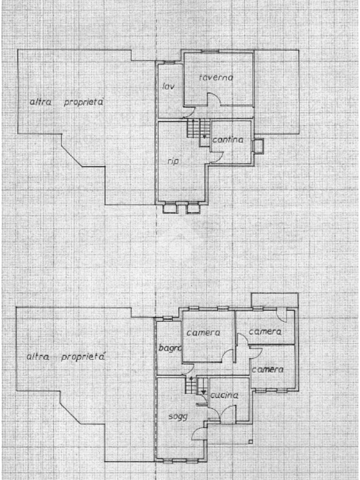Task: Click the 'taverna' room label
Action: click(216, 78)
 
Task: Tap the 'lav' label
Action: click(166, 86)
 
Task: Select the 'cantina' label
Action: click(228, 140)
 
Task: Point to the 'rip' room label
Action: click(173, 161)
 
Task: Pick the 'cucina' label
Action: click(224, 396)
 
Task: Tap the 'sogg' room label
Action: click(178, 416)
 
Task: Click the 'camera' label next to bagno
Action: click(203, 333)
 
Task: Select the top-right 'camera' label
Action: click(265, 332)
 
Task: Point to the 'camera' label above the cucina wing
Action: click(268, 369)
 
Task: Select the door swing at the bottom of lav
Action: click(189, 112)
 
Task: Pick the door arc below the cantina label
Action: click(217, 157)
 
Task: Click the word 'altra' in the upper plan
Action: click(41, 102)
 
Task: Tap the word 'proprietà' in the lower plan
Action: click(83, 357)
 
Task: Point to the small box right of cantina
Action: click(258, 146)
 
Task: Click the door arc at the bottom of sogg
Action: click(199, 433)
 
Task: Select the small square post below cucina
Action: click(251, 441)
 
